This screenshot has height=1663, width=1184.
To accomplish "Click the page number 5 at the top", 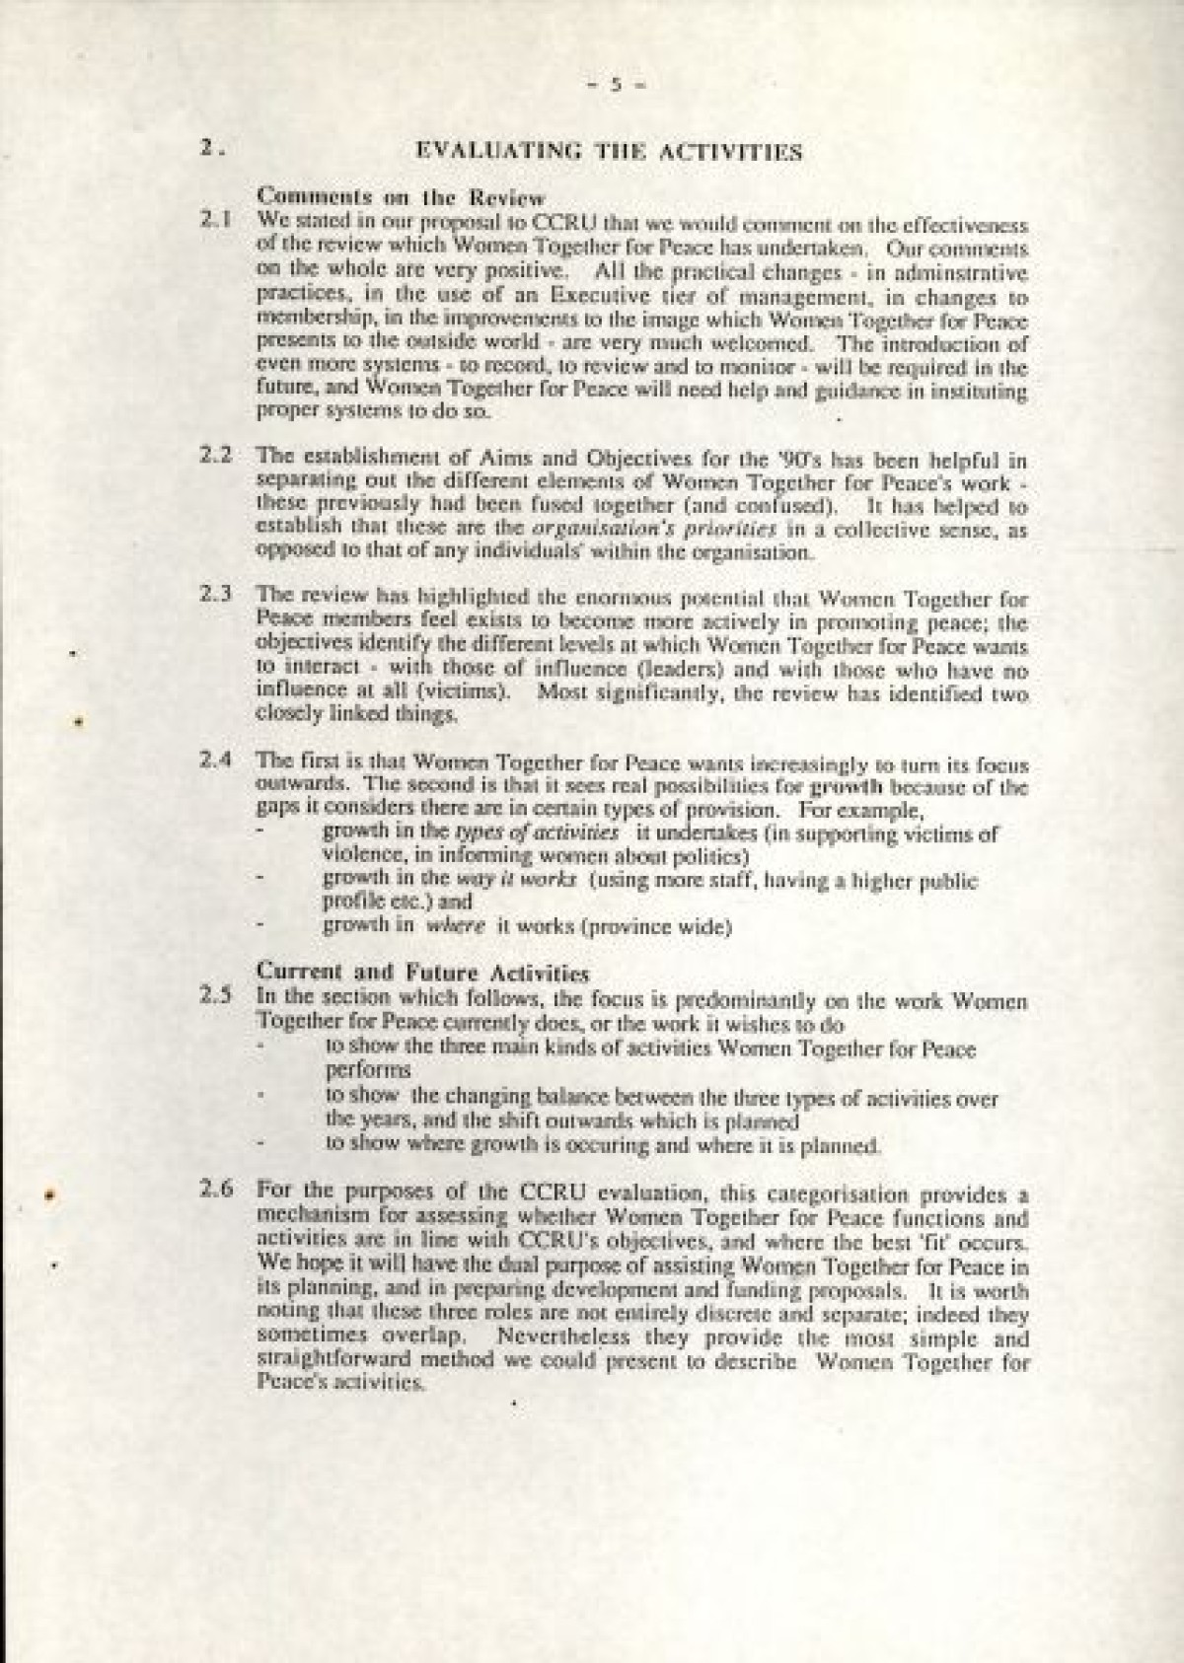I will (614, 85).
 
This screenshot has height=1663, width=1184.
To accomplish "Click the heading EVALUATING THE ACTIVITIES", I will (609, 152).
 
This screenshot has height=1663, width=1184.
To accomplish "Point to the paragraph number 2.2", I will (216, 457).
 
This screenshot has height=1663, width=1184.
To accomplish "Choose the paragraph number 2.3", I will (216, 595).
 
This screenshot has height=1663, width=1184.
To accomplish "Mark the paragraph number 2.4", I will (216, 761).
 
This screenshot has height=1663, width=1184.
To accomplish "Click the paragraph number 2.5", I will (216, 997).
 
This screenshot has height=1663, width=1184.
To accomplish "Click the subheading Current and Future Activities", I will (422, 973).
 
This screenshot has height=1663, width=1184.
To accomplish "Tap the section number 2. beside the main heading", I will (211, 150).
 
